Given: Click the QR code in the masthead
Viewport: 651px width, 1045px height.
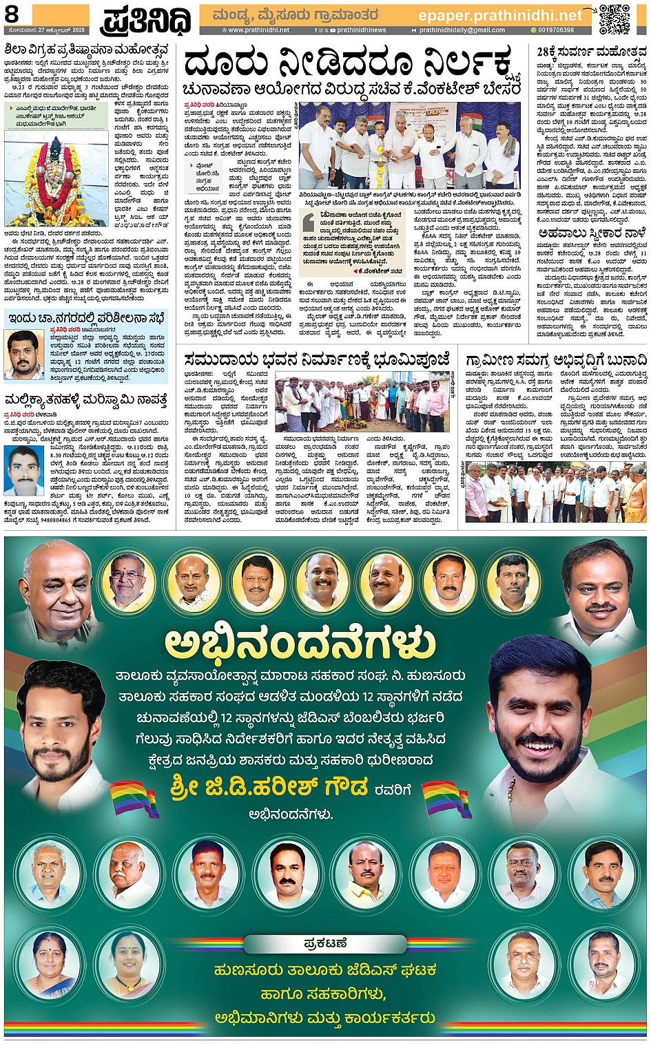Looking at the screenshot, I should pyautogui.click(x=614, y=19).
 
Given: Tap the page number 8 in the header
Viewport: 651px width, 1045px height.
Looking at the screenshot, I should pyautogui.click(x=12, y=14).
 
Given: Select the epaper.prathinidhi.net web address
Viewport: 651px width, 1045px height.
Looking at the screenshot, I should pyautogui.click(x=500, y=14).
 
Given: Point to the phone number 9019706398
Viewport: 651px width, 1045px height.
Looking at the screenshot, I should pyautogui.click(x=555, y=30).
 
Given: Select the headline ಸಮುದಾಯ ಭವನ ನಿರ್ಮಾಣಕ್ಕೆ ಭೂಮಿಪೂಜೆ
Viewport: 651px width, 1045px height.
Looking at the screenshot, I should pyautogui.click(x=318, y=359).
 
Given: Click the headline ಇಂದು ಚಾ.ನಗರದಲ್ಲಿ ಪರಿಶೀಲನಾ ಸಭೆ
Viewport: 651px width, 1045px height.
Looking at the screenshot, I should pyautogui.click(x=87, y=317).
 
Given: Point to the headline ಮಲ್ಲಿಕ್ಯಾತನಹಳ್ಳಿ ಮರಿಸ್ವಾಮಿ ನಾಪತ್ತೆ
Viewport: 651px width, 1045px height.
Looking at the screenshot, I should pyautogui.click(x=86, y=400).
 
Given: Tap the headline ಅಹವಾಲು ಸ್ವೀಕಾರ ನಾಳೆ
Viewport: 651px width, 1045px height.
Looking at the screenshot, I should pyautogui.click(x=592, y=233).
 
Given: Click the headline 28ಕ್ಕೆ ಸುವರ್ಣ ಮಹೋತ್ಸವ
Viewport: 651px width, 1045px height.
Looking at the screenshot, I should pyautogui.click(x=592, y=52).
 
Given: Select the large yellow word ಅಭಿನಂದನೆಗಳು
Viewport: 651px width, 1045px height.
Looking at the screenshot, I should pyautogui.click(x=300, y=643).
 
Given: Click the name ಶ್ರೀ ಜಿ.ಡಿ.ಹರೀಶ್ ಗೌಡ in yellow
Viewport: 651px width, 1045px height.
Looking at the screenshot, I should pyautogui.click(x=269, y=786).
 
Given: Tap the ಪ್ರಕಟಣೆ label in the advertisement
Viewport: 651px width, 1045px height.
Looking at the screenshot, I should pyautogui.click(x=325, y=942).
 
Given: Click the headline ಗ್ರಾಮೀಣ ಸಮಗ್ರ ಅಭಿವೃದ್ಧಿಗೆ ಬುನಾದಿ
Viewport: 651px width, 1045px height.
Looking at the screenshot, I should pyautogui.click(x=556, y=360).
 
